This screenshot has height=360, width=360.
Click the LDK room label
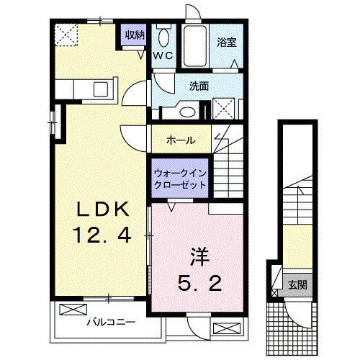[x=104, y=209]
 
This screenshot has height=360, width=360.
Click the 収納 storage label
[x=134, y=35]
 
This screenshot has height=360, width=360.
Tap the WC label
[x=162, y=55]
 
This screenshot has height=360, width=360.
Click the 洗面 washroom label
[x=199, y=86]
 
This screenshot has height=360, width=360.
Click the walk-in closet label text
[x=180, y=179]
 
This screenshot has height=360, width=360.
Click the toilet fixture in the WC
[x=163, y=37]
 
